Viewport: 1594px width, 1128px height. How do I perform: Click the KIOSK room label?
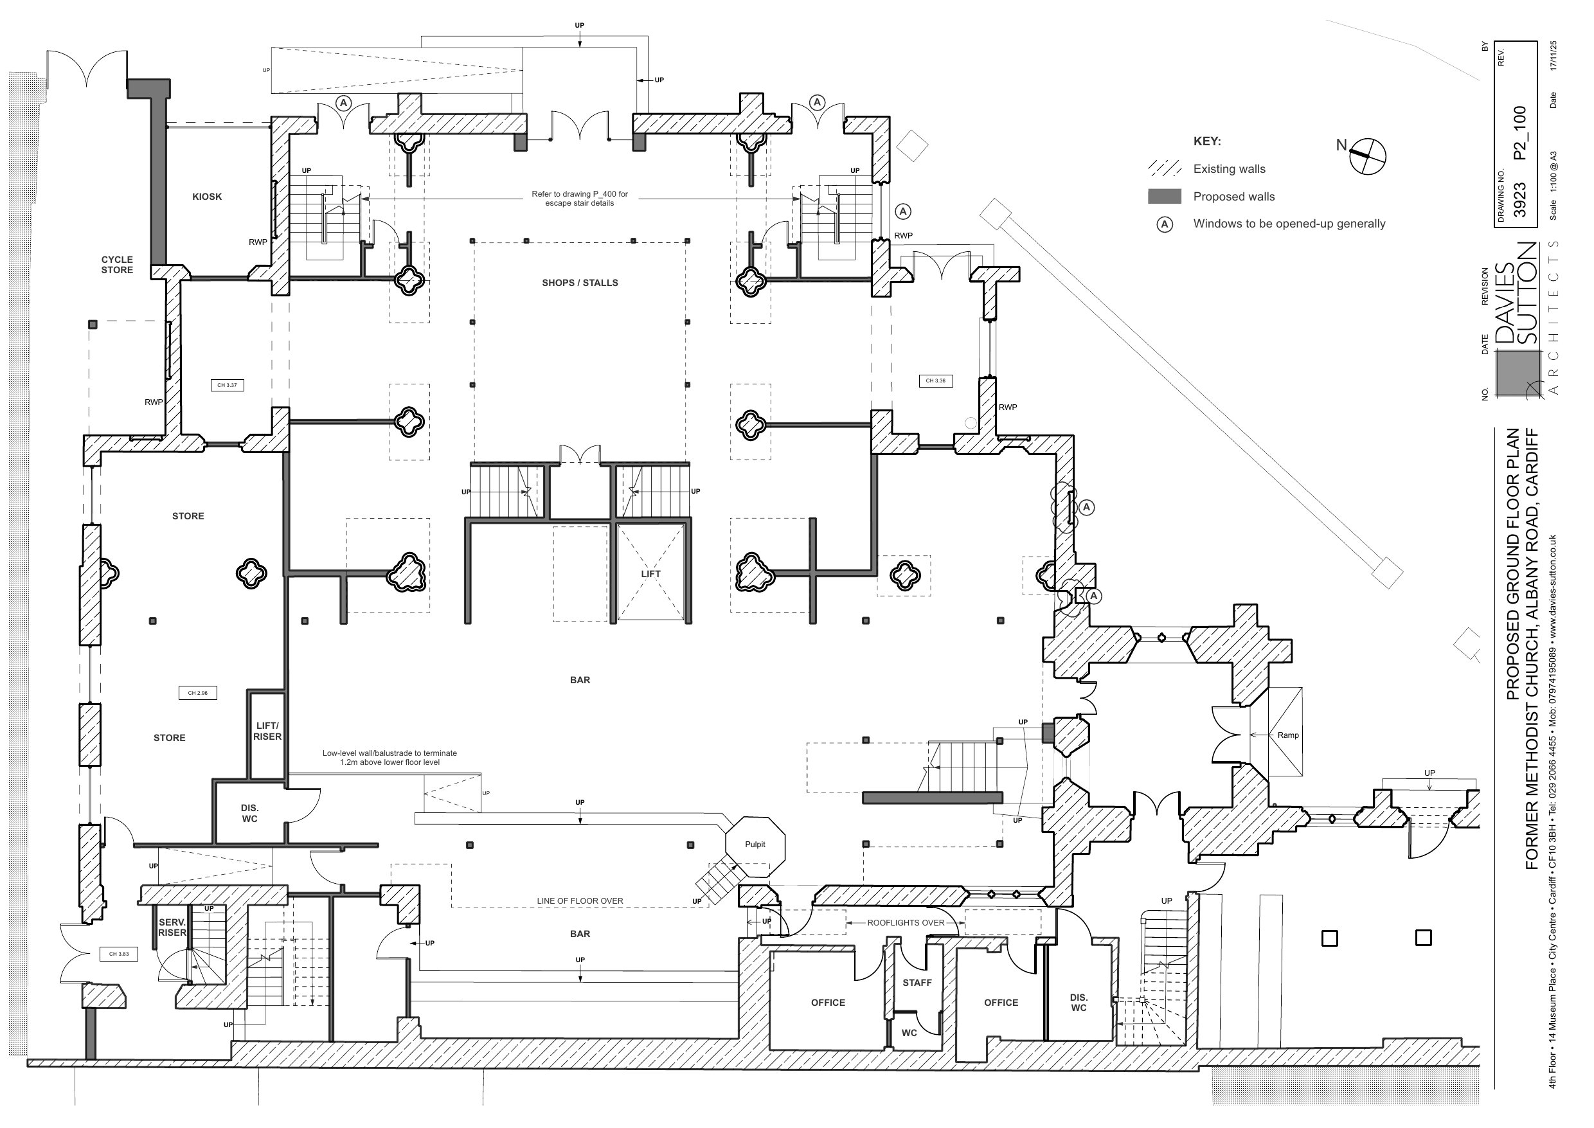pos(207,197)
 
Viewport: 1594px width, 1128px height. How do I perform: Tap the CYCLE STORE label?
pos(117,265)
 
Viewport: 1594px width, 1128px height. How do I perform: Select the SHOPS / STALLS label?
pos(580,283)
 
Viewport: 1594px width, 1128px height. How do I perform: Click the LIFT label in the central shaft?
pos(651,574)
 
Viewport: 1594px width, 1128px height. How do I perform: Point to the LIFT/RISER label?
pos(267,731)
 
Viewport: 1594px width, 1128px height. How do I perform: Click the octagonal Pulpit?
pos(755,845)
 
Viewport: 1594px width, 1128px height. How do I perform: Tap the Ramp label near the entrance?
pos(1287,735)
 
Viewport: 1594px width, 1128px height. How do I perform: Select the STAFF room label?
pos(917,983)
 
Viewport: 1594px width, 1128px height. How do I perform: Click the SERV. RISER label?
pos(172,927)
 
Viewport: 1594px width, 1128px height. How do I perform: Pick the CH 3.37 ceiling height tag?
pos(227,385)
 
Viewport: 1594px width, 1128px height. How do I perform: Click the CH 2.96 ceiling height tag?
pos(198,692)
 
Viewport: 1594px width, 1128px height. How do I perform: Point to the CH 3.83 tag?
pos(119,954)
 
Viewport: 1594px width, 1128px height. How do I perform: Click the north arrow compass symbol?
pos(1366,156)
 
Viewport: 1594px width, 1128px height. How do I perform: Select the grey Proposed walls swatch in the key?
pos(1165,197)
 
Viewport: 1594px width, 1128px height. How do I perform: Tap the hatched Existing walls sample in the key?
pos(1165,169)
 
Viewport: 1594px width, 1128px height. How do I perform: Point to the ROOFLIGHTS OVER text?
pos(906,923)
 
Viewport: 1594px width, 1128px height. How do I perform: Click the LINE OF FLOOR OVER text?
pos(580,901)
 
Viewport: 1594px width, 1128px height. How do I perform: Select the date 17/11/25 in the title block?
pos(1553,55)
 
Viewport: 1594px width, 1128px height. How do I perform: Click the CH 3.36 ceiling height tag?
pos(936,380)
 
